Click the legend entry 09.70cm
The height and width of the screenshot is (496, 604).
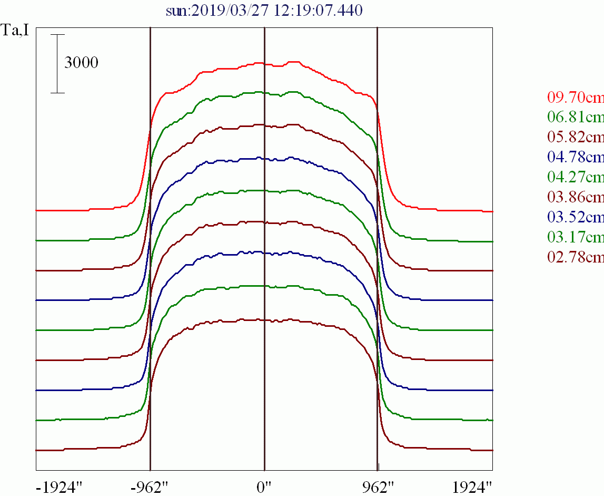[x=575, y=98]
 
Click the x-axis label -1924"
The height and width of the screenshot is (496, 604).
[x=59, y=487]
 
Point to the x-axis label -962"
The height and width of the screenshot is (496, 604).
[x=151, y=487]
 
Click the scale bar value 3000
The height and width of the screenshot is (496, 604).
[x=81, y=63]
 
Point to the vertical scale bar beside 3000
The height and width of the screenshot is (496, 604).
[x=58, y=64]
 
